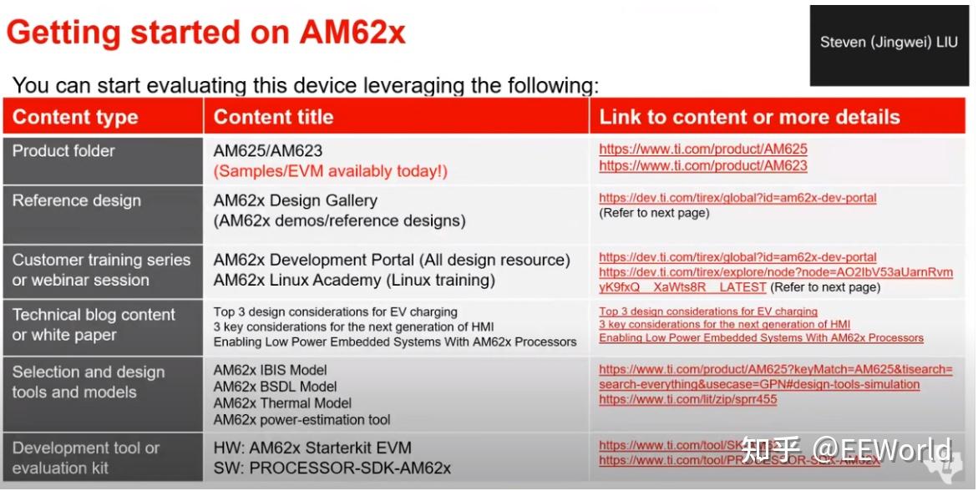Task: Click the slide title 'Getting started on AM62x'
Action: (x=205, y=33)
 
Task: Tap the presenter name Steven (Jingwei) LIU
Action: (x=888, y=43)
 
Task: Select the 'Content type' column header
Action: (x=75, y=117)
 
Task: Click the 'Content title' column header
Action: (x=273, y=117)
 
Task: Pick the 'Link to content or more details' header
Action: (x=749, y=117)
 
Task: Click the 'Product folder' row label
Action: (x=63, y=151)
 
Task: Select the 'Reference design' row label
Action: (x=77, y=200)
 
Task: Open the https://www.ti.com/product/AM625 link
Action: (x=702, y=149)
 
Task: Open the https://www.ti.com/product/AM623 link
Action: (x=702, y=165)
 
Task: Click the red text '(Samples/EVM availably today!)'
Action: (x=331, y=171)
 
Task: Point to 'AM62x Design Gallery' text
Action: (x=296, y=200)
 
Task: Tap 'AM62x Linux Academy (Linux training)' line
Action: (x=354, y=281)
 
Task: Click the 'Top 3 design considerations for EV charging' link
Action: (x=708, y=311)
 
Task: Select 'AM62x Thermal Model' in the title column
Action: (x=281, y=403)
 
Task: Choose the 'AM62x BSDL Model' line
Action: (x=276, y=387)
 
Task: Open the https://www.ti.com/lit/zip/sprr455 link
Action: (x=687, y=399)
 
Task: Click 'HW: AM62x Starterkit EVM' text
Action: (x=312, y=448)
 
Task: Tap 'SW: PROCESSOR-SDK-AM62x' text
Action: (x=332, y=468)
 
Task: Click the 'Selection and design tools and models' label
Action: (x=89, y=382)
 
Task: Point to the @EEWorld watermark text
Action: (x=883, y=450)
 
